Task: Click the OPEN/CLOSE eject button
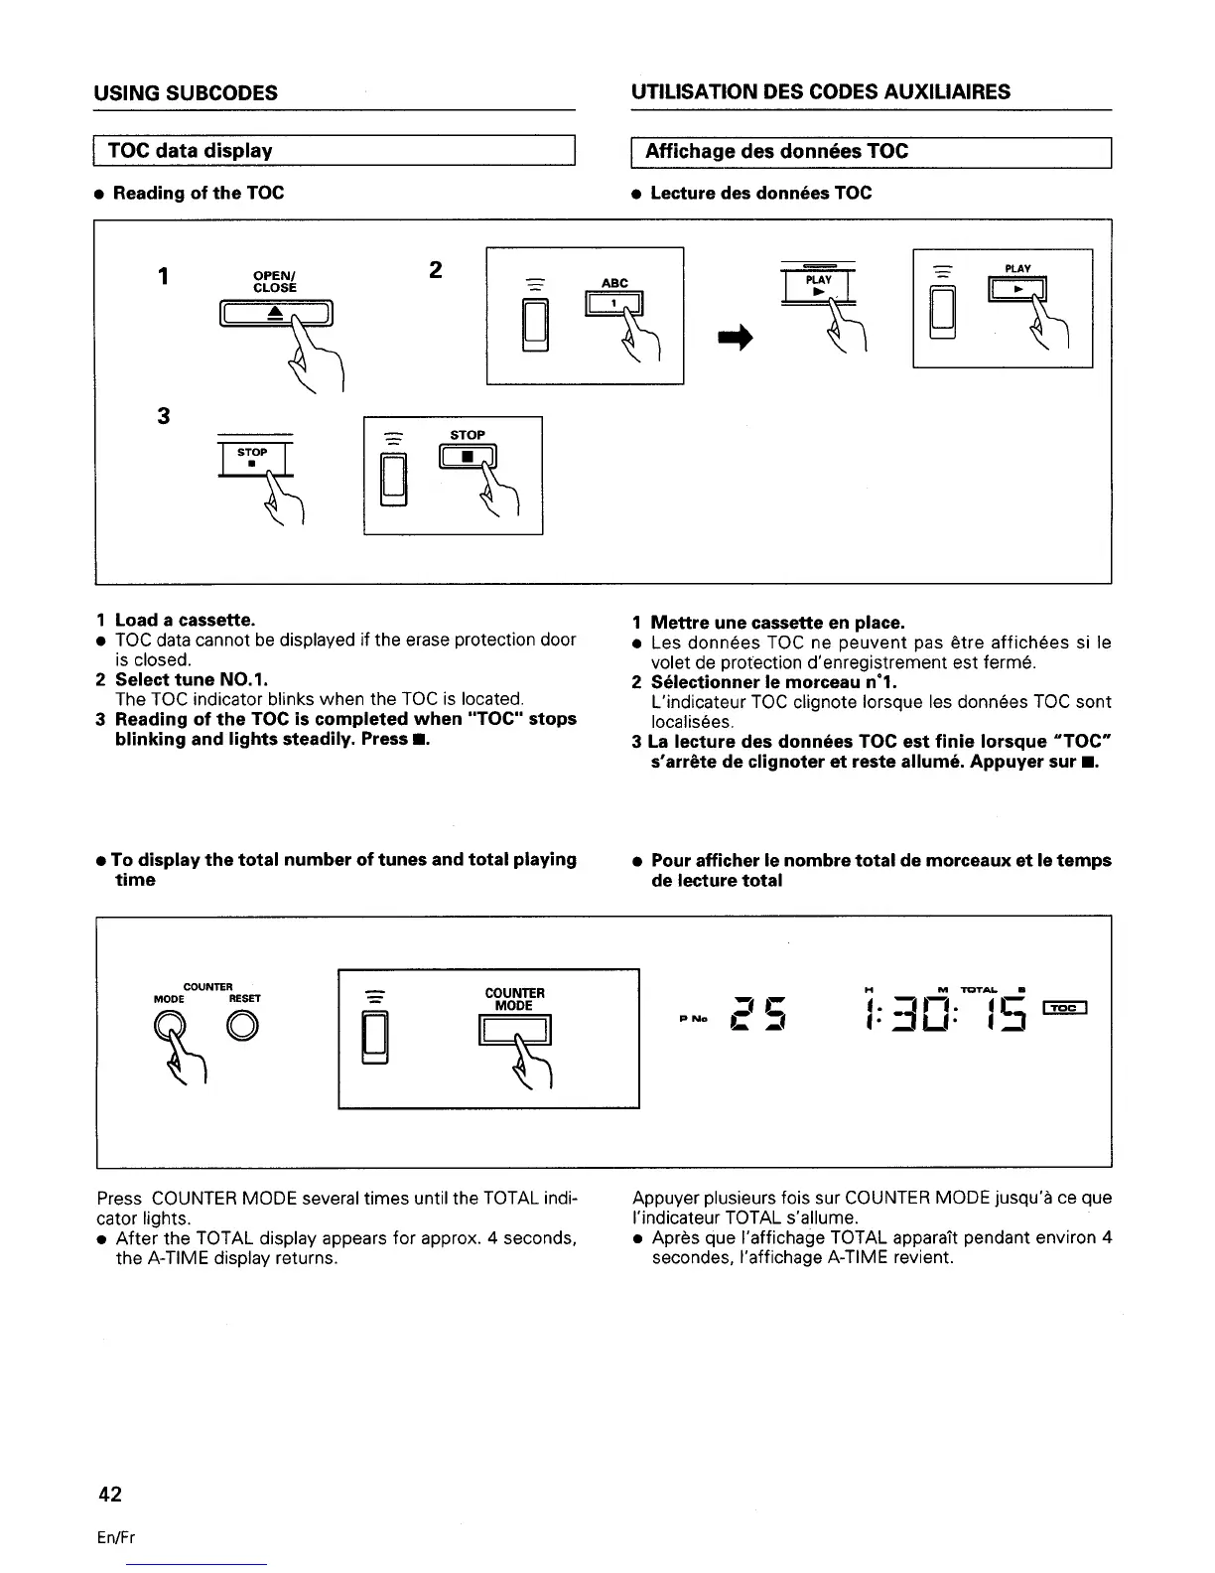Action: (275, 314)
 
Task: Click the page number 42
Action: (108, 1493)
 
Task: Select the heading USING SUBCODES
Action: (186, 93)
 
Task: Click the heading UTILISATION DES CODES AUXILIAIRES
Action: (820, 92)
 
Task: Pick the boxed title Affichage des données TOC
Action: (776, 151)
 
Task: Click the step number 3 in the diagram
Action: (164, 416)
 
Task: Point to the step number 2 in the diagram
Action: (435, 270)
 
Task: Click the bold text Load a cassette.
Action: (185, 621)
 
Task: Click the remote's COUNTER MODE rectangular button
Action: (514, 1033)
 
